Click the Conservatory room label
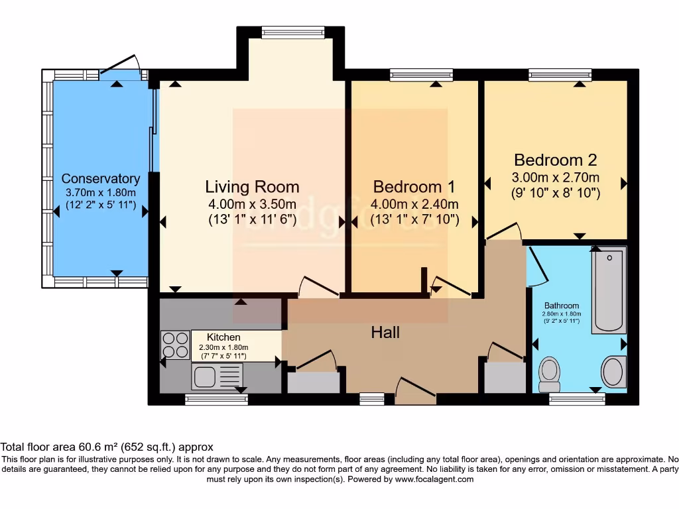click(x=101, y=179)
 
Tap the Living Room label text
click(x=252, y=187)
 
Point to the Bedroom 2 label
click(x=556, y=160)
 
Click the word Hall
click(x=385, y=332)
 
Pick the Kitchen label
click(x=223, y=337)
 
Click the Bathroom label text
click(x=562, y=306)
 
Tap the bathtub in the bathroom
click(x=609, y=290)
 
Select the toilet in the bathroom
click(x=550, y=374)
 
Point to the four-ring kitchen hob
click(x=175, y=345)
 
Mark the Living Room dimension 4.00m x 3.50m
click(x=252, y=204)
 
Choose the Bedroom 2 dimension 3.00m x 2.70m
click(x=556, y=177)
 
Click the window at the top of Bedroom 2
click(x=560, y=75)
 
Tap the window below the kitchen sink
click(x=216, y=399)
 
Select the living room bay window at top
click(x=292, y=32)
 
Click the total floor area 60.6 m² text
click(x=107, y=447)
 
